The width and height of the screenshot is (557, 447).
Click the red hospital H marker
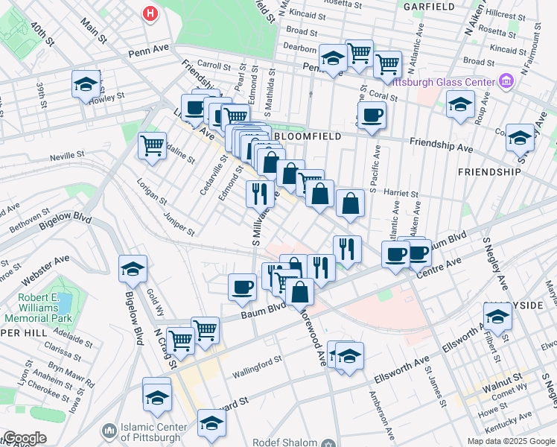pyautogui.click(x=151, y=13)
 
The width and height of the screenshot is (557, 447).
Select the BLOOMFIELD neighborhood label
pyautogui.click(x=308, y=136)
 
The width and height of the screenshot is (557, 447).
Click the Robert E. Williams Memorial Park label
pyautogui.click(x=30, y=307)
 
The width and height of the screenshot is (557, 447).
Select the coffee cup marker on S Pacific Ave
pyautogui.click(x=371, y=115)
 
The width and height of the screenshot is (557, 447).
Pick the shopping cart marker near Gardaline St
pyautogui.click(x=153, y=145)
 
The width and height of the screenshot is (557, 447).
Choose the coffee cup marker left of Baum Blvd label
pyautogui.click(x=242, y=287)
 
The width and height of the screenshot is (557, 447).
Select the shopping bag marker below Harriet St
pyautogui.click(x=350, y=203)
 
